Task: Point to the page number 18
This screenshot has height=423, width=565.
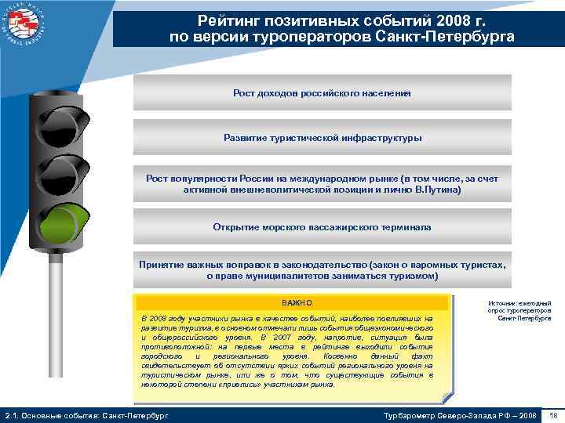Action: (x=553, y=414)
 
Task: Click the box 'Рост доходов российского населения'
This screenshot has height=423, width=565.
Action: (x=322, y=92)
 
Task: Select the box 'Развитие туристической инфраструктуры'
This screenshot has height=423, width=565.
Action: (x=322, y=137)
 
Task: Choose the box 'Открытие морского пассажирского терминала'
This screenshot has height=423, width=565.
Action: (x=322, y=227)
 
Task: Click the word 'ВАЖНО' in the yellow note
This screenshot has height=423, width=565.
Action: (x=297, y=302)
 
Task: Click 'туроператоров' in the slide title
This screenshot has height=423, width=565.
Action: (x=314, y=37)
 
